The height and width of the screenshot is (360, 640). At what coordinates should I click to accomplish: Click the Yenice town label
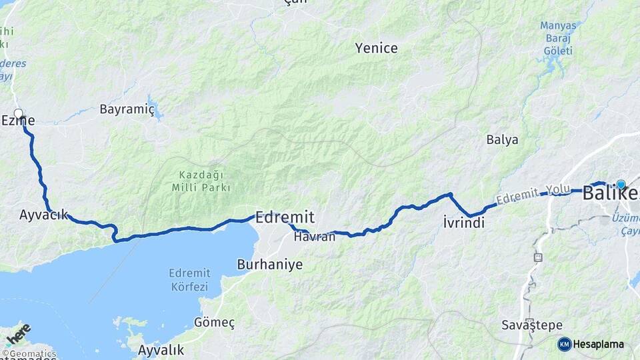pos(376,48)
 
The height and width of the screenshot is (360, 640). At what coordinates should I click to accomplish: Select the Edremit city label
pos(285,217)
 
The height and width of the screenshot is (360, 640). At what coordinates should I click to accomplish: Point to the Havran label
pos(314,237)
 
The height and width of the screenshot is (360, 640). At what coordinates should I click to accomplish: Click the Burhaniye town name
pos(269,265)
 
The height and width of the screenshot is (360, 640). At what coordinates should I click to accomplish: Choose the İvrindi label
pos(463,223)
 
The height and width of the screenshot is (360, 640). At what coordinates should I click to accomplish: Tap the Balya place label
pos(502,140)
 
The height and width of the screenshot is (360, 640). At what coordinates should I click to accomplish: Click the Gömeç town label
pos(214,323)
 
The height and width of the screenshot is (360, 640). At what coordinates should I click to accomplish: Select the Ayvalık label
pos(161,350)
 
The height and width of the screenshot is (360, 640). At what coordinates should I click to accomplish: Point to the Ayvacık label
pos(44,215)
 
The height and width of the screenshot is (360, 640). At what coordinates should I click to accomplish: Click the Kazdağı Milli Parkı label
pos(201,181)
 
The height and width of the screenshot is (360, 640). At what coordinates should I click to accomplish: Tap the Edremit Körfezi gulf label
pos(189,280)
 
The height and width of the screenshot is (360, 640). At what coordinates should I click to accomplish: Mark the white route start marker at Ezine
pos(19,113)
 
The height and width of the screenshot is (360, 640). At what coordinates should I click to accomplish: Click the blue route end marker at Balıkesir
pos(621,185)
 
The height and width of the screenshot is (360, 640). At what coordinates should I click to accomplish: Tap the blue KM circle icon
pos(564,344)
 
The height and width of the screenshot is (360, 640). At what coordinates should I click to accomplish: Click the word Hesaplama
pos(599,345)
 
